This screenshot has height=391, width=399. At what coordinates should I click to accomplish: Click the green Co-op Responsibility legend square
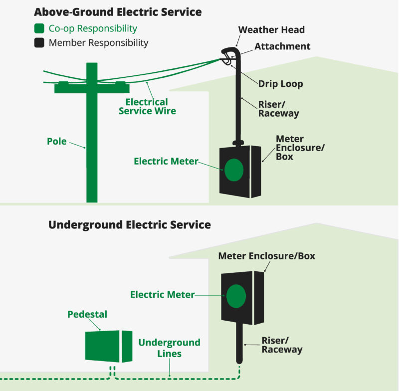(39, 28)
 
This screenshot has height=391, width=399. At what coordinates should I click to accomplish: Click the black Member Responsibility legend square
(39, 43)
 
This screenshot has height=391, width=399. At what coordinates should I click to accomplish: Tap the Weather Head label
(271, 30)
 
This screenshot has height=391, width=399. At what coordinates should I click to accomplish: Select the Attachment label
(282, 46)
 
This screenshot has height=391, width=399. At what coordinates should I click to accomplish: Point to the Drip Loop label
(281, 84)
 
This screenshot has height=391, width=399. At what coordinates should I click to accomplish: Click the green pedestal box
(109, 347)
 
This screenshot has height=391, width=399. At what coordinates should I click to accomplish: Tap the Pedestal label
(87, 314)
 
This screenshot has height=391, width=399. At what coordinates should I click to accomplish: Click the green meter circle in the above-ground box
(234, 170)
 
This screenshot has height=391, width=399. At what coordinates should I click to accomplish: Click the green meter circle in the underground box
(236, 296)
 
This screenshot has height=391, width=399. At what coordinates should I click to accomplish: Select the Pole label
(57, 142)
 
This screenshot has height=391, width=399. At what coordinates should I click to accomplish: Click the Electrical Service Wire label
(147, 107)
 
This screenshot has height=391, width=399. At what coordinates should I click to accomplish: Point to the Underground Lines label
(170, 348)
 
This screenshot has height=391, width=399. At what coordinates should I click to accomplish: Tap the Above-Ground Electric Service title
(118, 12)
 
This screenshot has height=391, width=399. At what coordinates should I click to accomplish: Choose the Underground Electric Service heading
(130, 225)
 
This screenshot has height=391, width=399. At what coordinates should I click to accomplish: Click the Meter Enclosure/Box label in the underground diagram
(267, 256)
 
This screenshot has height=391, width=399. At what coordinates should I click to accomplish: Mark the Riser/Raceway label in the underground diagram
(282, 345)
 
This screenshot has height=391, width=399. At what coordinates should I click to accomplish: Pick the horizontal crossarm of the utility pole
(92, 87)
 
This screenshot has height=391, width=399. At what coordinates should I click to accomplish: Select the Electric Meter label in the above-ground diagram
(166, 161)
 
